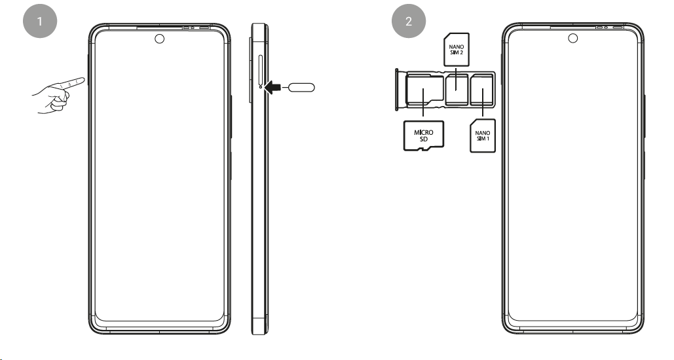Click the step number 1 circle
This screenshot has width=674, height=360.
pyautogui.click(x=40, y=21)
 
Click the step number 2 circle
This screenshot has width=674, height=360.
pyautogui.click(x=409, y=21)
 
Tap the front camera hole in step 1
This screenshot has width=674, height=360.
pyautogui.click(x=159, y=39)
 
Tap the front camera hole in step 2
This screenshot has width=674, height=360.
pyautogui.click(x=572, y=39)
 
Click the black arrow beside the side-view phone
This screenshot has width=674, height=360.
pyautogui.click(x=276, y=86)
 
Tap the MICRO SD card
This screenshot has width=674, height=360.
pyautogui.click(x=424, y=135)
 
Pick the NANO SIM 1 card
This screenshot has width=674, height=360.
pyautogui.click(x=483, y=135)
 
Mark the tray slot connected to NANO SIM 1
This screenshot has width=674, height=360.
pyautogui.click(x=483, y=89)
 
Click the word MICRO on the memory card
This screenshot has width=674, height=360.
pyautogui.click(x=424, y=132)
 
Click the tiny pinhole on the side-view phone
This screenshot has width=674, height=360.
pyautogui.click(x=261, y=86)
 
